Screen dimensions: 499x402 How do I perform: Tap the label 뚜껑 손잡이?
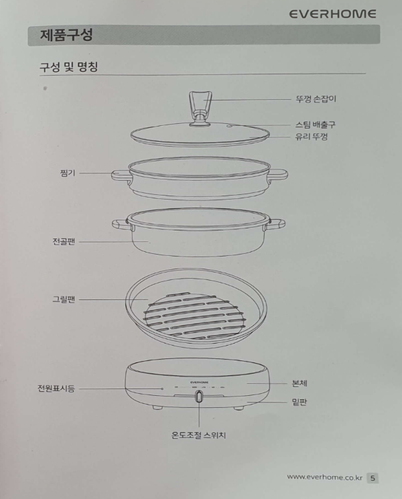pyautogui.click(x=315, y=99)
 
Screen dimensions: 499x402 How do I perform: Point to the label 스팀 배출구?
pyautogui.click(x=315, y=125)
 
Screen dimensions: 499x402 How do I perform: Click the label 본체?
pyautogui.click(x=300, y=382)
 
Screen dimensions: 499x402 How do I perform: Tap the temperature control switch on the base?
pyautogui.click(x=200, y=397)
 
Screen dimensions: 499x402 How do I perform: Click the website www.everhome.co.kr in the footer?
pyautogui.click(x=324, y=477)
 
